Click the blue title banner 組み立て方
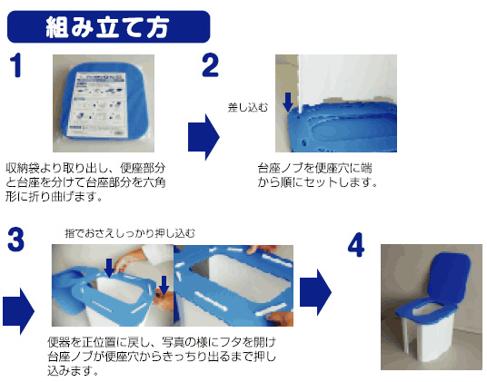[x=108, y=26]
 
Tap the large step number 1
[x=15, y=64]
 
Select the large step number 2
[x=210, y=64]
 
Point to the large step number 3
[x=15, y=239]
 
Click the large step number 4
[x=356, y=245]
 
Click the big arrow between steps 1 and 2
[x=204, y=137]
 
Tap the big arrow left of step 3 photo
[x=19, y=311]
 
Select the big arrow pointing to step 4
[x=315, y=292]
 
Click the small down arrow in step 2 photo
[x=288, y=102]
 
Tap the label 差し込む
[x=247, y=108]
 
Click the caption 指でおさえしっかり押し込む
[x=130, y=233]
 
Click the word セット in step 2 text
[x=321, y=182]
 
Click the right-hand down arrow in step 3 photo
[x=164, y=285]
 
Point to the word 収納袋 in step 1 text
[x=23, y=168]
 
